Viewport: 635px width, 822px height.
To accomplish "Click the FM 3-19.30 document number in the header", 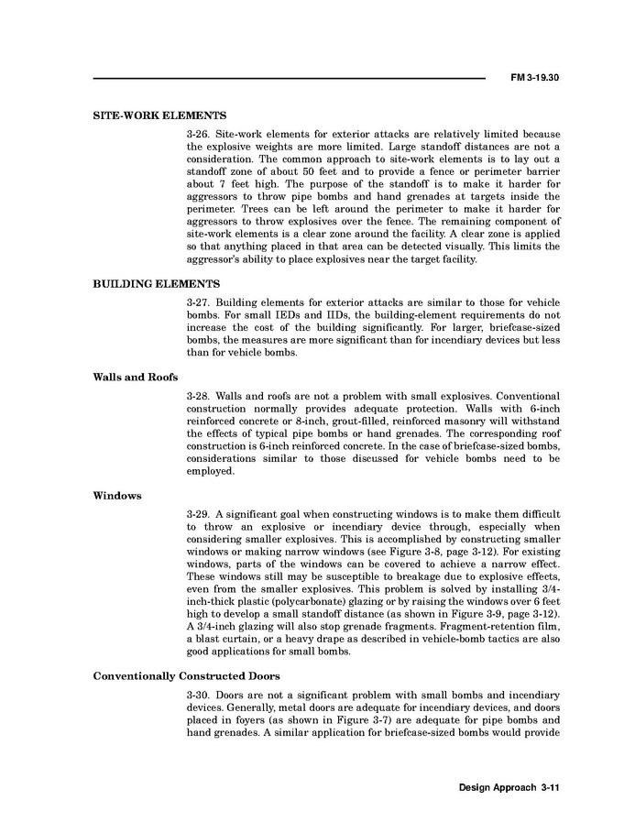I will [x=534, y=78].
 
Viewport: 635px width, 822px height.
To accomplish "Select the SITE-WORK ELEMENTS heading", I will [x=159, y=116].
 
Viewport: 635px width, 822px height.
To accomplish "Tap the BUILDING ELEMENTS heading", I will [x=157, y=284].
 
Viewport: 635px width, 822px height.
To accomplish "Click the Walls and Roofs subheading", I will [x=136, y=377].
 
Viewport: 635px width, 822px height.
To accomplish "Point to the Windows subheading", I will [x=117, y=496].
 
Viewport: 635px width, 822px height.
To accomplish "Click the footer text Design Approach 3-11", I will [x=509, y=788].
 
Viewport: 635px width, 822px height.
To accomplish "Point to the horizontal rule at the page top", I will [x=289, y=79].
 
